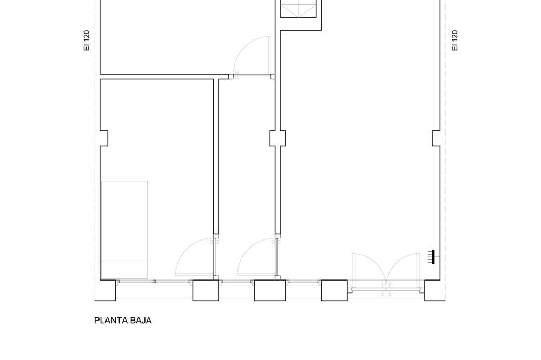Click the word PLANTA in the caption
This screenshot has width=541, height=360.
111,321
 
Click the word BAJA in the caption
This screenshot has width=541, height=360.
141,321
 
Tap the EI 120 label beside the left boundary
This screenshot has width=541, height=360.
87,41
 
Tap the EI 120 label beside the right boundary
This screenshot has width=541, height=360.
455,41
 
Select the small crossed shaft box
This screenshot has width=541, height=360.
298,8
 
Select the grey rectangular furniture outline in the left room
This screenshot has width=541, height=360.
124,230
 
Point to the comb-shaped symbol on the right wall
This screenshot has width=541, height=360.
433,257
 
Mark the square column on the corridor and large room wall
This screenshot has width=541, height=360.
278,138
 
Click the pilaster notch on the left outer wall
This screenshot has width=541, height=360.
104,138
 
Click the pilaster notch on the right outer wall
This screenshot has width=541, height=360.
437,138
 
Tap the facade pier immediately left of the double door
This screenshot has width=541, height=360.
334,290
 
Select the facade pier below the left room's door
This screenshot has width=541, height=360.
206,290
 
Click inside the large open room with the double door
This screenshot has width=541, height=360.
359,155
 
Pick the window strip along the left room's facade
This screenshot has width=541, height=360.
154,282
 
